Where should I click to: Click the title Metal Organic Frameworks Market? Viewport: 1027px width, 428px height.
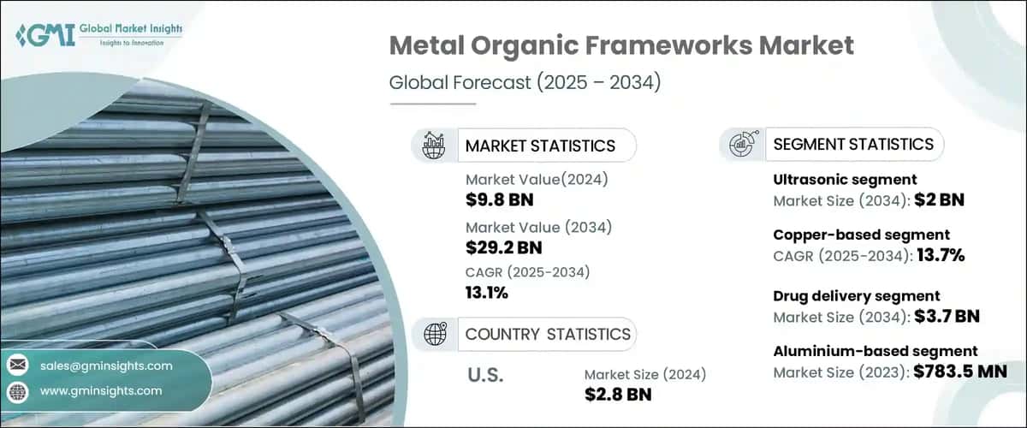(x=621, y=45)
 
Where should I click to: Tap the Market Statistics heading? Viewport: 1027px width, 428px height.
(x=540, y=146)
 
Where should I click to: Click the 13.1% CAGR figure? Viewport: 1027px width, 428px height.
(x=487, y=293)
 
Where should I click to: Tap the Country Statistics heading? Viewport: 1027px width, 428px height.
(x=548, y=334)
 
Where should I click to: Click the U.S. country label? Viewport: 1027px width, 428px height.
(x=484, y=375)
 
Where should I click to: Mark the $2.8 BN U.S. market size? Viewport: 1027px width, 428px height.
(x=618, y=395)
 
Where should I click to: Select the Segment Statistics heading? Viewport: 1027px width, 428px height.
(x=853, y=144)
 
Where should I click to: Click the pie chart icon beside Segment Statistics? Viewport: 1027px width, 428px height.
(x=741, y=144)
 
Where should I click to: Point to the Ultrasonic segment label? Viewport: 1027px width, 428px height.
(x=845, y=180)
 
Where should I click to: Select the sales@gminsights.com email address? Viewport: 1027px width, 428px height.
(x=106, y=366)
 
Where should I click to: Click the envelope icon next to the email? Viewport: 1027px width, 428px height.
(x=17, y=366)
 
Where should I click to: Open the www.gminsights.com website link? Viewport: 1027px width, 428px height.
(x=100, y=391)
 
